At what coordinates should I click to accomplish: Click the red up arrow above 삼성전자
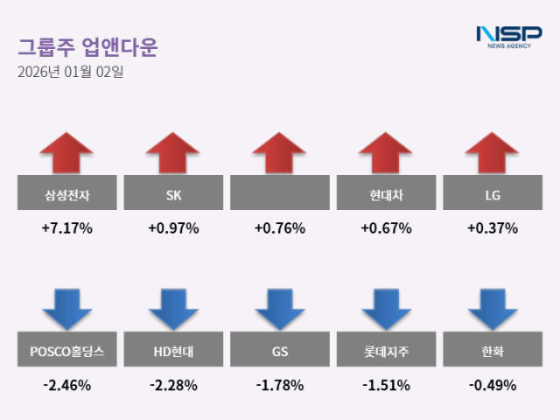66,153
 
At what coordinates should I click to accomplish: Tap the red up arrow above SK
172,153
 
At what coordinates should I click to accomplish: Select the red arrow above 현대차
386,153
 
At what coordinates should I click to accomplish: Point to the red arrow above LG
492,153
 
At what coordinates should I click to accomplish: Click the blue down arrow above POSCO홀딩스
66,309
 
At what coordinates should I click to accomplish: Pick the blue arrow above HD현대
172,309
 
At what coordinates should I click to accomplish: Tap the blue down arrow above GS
279,309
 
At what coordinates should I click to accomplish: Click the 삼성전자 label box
66,193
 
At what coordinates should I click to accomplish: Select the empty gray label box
279,193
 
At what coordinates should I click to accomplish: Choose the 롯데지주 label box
386,352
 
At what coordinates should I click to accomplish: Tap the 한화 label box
492,352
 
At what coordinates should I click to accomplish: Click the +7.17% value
66,228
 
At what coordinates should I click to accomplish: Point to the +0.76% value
279,228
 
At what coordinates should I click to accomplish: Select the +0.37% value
492,228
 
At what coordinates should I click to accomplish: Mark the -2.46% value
66,384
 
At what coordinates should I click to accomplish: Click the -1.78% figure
279,384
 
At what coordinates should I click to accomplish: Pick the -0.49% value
492,384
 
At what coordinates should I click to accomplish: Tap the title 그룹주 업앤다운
87,46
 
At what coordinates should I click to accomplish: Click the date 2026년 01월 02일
70,73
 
